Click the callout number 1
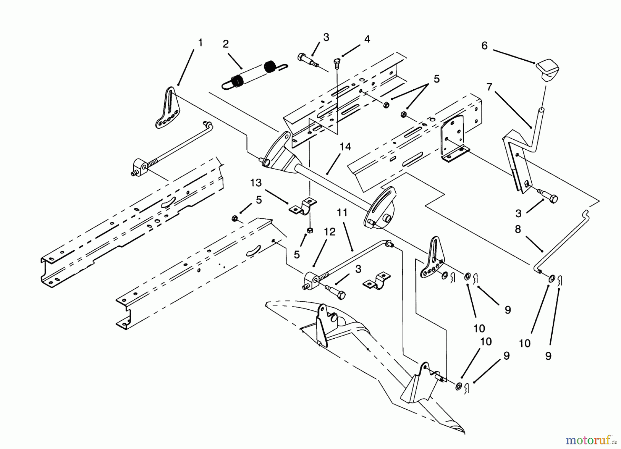(x=200, y=43)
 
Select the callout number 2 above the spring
(x=226, y=44)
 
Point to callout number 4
(x=367, y=39)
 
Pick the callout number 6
(x=484, y=46)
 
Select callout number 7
(x=489, y=87)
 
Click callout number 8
(x=518, y=229)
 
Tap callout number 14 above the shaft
(x=345, y=147)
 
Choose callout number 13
(x=256, y=183)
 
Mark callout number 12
(x=330, y=232)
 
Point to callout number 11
(x=342, y=213)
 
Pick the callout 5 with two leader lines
(x=436, y=79)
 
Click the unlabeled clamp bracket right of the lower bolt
(x=377, y=280)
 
